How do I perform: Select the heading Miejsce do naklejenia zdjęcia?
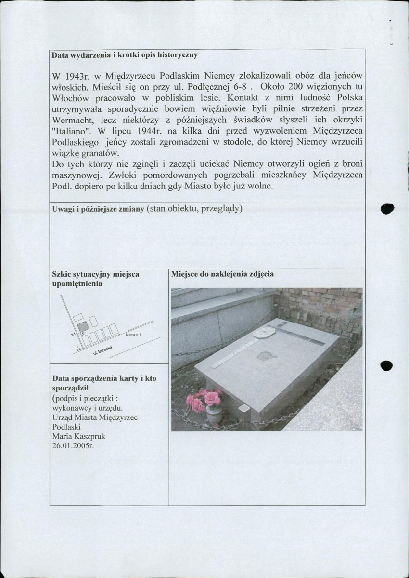[222, 274]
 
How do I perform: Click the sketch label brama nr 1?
[133, 334]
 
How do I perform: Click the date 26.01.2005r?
[72, 445]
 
